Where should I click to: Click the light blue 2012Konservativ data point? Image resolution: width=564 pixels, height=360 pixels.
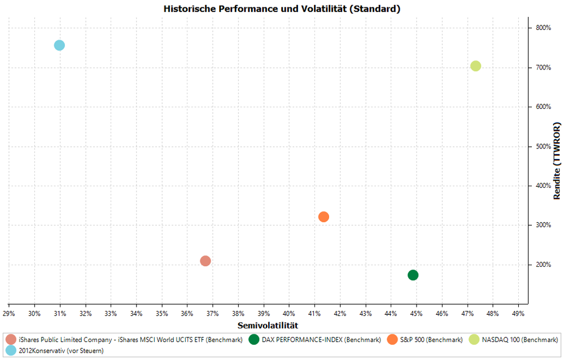59,45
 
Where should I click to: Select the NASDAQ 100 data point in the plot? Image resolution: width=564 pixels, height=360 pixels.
476,66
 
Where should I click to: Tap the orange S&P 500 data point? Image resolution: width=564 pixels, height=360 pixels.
323,217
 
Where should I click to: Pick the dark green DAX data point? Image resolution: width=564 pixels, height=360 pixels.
413,275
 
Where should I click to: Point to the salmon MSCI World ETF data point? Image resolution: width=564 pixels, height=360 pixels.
206,261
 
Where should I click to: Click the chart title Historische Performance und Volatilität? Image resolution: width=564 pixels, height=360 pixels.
282,9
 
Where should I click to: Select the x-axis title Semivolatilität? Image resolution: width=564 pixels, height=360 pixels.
268,325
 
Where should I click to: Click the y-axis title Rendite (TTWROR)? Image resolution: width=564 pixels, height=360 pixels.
557,161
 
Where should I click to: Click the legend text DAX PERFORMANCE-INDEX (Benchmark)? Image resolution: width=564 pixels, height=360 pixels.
321,340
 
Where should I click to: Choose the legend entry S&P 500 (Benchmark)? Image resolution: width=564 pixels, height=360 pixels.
432,340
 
